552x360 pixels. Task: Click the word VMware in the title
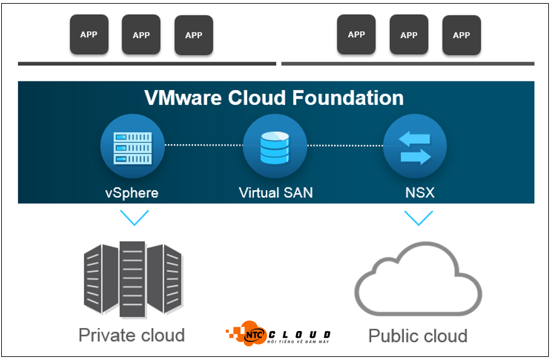click(x=183, y=98)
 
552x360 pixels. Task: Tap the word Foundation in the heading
click(x=348, y=98)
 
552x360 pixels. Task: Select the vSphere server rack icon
click(x=133, y=148)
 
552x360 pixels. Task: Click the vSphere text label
click(x=132, y=193)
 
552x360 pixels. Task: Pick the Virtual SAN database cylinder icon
click(x=274, y=148)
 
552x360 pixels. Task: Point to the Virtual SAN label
click(x=276, y=192)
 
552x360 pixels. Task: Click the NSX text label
click(x=419, y=192)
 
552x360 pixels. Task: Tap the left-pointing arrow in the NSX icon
click(x=414, y=139)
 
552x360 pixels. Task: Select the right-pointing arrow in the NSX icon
click(x=416, y=157)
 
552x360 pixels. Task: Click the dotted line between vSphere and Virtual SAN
click(x=204, y=145)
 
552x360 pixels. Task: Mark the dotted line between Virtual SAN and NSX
click(x=345, y=145)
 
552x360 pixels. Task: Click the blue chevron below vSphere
click(x=134, y=218)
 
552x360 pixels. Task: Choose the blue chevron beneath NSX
click(x=419, y=218)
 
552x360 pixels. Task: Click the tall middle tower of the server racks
click(x=133, y=279)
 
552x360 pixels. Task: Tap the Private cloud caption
click(x=131, y=335)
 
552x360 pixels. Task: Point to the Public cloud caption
click(x=418, y=336)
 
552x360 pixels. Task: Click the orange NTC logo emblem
click(x=247, y=333)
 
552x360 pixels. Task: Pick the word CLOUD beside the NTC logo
click(x=300, y=334)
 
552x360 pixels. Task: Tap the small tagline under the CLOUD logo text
click(x=298, y=342)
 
